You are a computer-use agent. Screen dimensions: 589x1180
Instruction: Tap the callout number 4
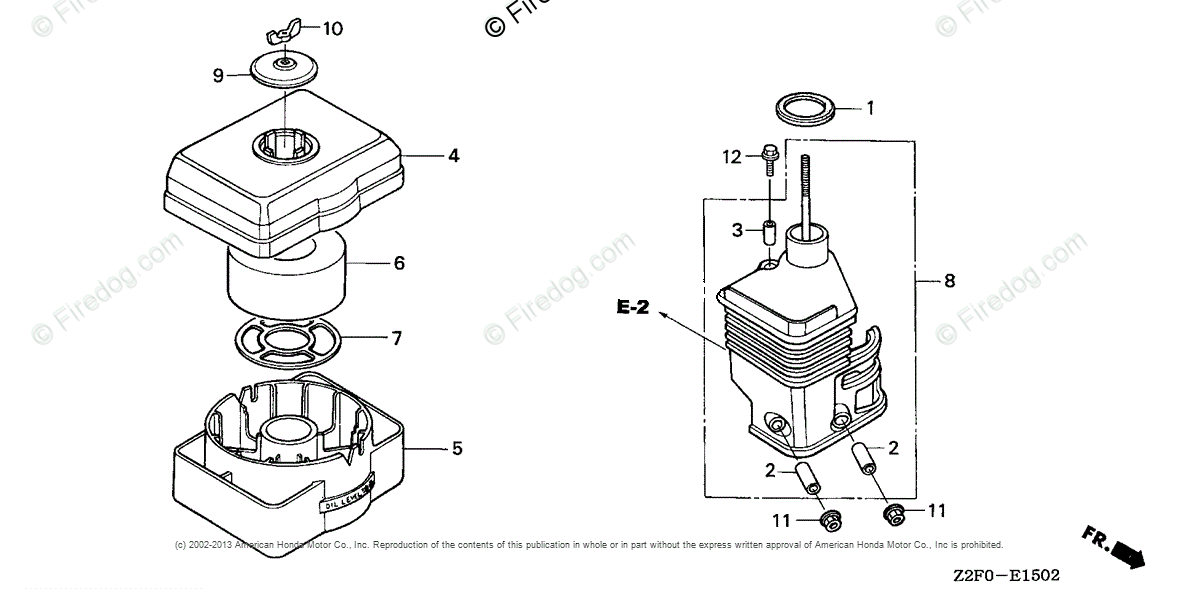453,156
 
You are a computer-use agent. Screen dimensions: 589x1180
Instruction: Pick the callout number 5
457,449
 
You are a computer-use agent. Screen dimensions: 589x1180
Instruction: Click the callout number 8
949,281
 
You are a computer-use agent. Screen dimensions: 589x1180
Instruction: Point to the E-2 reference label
632,308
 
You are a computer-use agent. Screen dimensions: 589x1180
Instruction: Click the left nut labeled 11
828,521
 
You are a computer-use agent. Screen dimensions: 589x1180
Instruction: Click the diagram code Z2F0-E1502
1005,575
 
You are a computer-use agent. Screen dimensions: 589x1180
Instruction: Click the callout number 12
733,156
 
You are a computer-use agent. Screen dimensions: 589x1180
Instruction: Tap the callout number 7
396,339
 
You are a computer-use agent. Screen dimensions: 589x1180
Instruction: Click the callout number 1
870,108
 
